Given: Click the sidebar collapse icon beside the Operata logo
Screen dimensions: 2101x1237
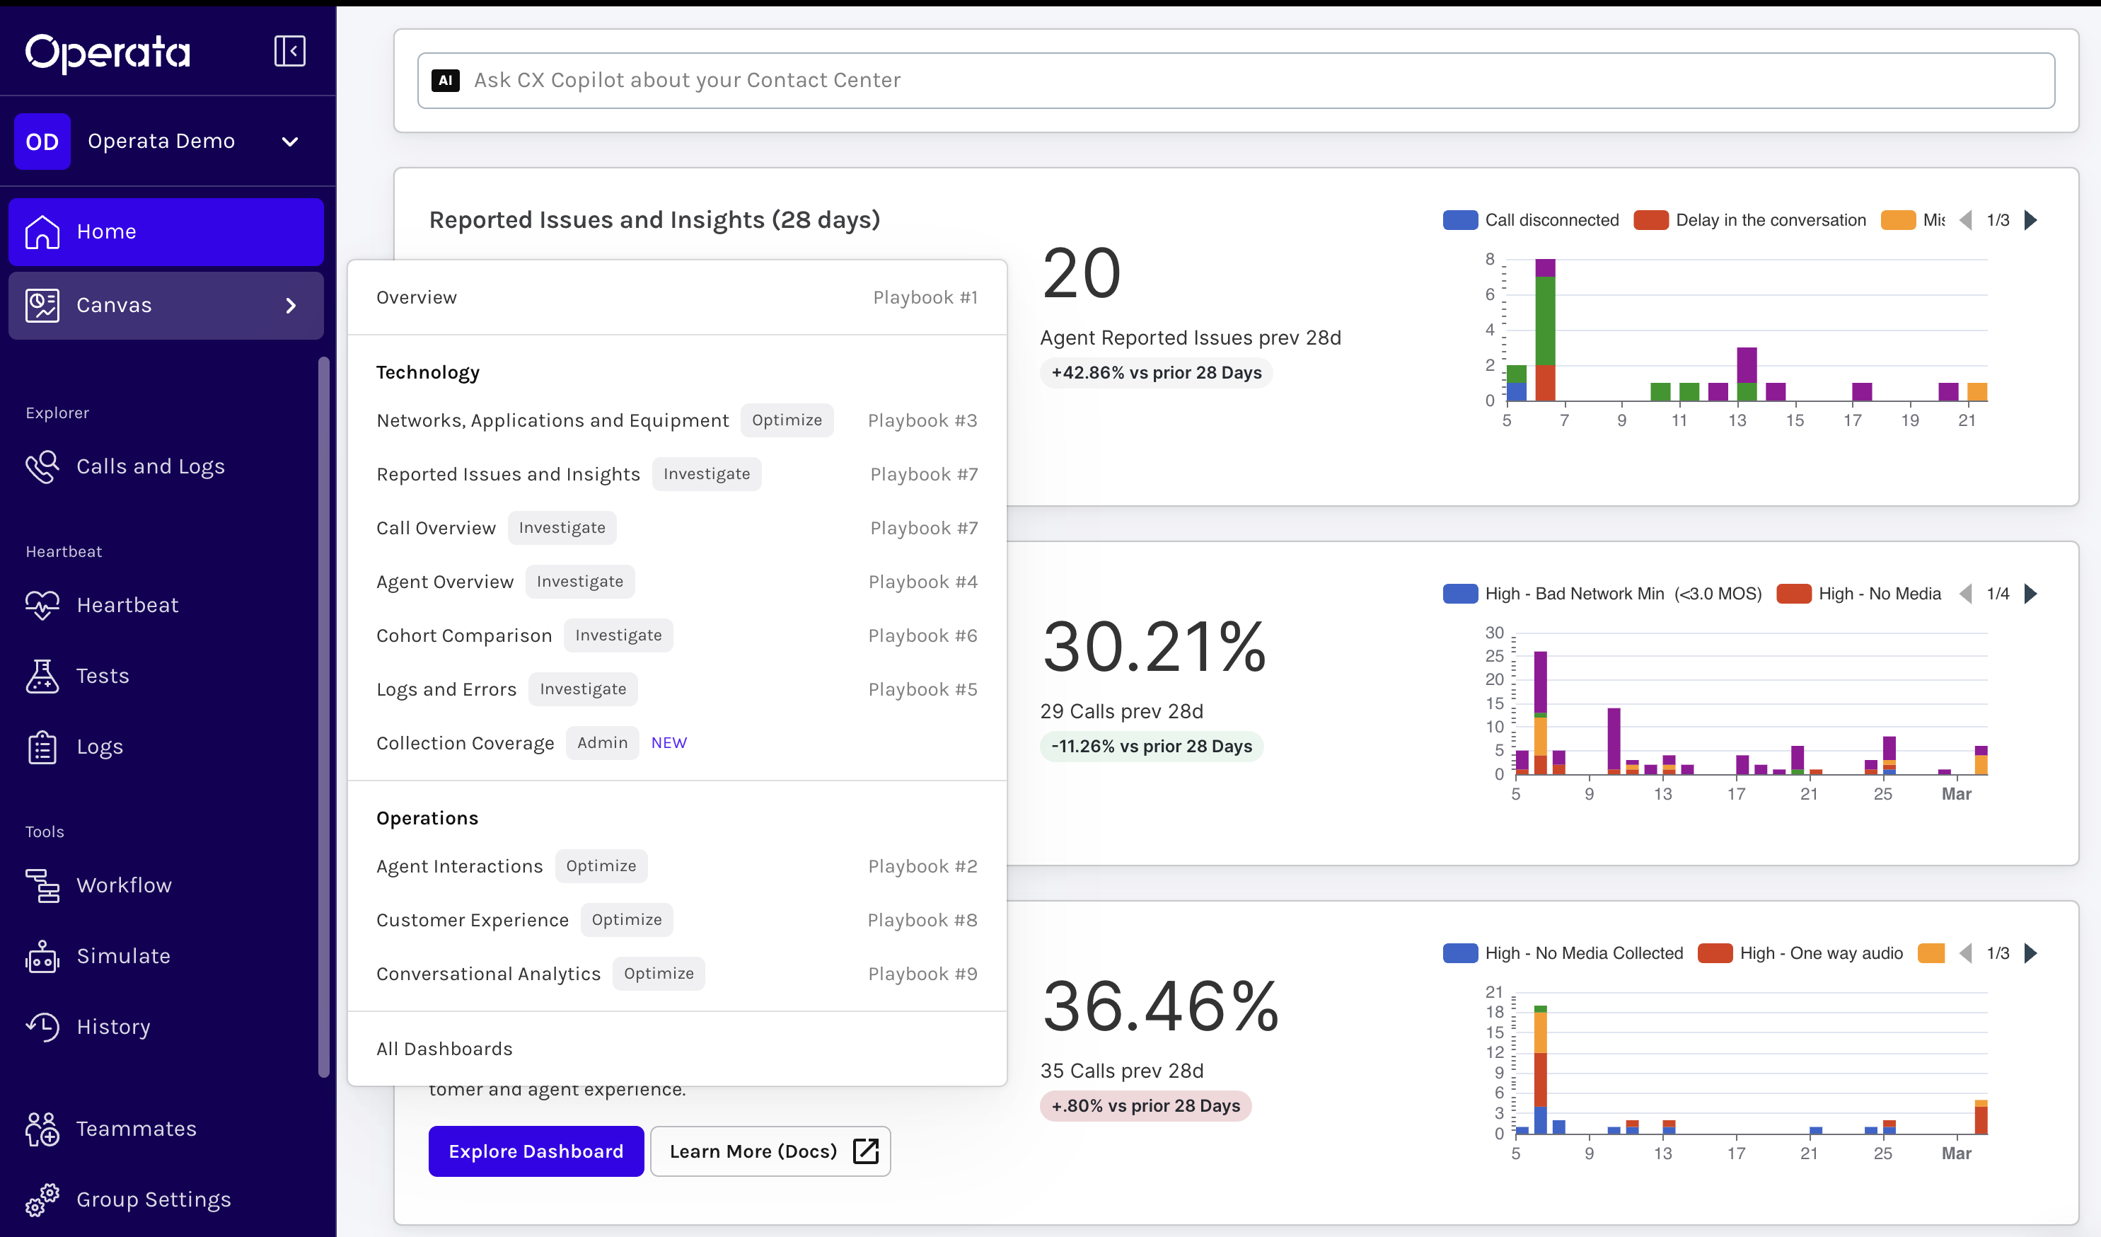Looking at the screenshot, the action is (289, 51).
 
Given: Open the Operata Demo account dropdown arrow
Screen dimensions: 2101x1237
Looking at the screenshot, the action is (290, 142).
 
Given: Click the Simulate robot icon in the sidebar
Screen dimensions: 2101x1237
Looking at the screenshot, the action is (42, 957).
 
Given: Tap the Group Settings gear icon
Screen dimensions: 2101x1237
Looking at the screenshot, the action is (42, 1199).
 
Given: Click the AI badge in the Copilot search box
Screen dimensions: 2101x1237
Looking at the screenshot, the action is (445, 80).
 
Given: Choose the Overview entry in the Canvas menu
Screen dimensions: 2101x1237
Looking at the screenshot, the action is (416, 298).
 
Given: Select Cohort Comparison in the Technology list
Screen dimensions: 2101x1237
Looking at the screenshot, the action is (463, 635).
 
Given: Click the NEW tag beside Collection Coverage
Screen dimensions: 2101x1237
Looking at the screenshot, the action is (668, 742).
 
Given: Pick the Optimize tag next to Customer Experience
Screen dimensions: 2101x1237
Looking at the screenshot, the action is (626, 919).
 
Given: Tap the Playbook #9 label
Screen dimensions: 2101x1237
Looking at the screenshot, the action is (922, 974).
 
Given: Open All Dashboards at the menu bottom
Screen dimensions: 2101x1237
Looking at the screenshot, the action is (444, 1049).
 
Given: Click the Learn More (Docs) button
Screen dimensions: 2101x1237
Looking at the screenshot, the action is (770, 1151).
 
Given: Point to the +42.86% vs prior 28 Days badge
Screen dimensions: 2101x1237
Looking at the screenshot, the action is (1157, 373).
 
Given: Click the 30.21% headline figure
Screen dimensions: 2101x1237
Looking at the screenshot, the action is (1154, 648).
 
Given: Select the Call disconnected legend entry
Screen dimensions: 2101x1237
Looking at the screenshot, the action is (1531, 220).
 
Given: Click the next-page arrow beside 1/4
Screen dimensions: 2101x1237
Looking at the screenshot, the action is (2031, 594).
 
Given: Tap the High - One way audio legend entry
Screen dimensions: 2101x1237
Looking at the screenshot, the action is (1800, 953).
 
